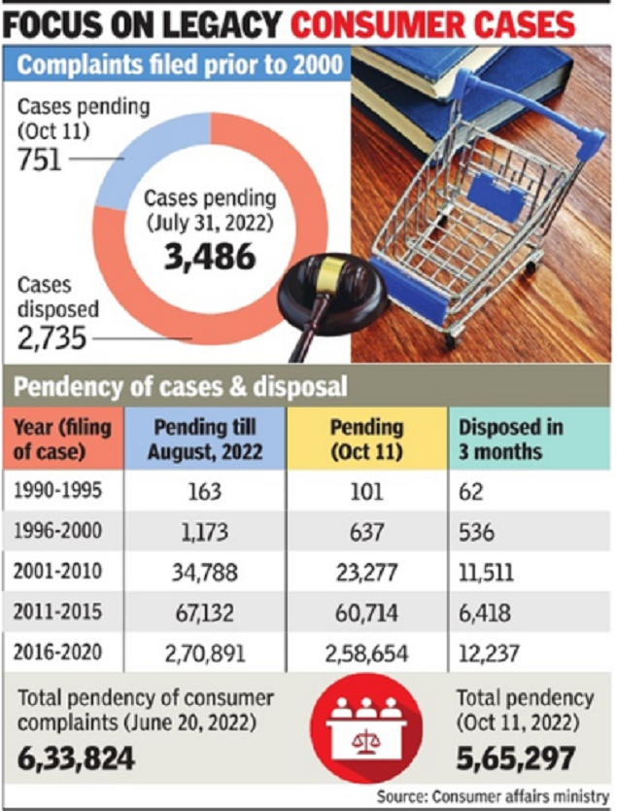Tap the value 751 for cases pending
pos(40,158)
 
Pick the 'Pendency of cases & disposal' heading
pos(180,387)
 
